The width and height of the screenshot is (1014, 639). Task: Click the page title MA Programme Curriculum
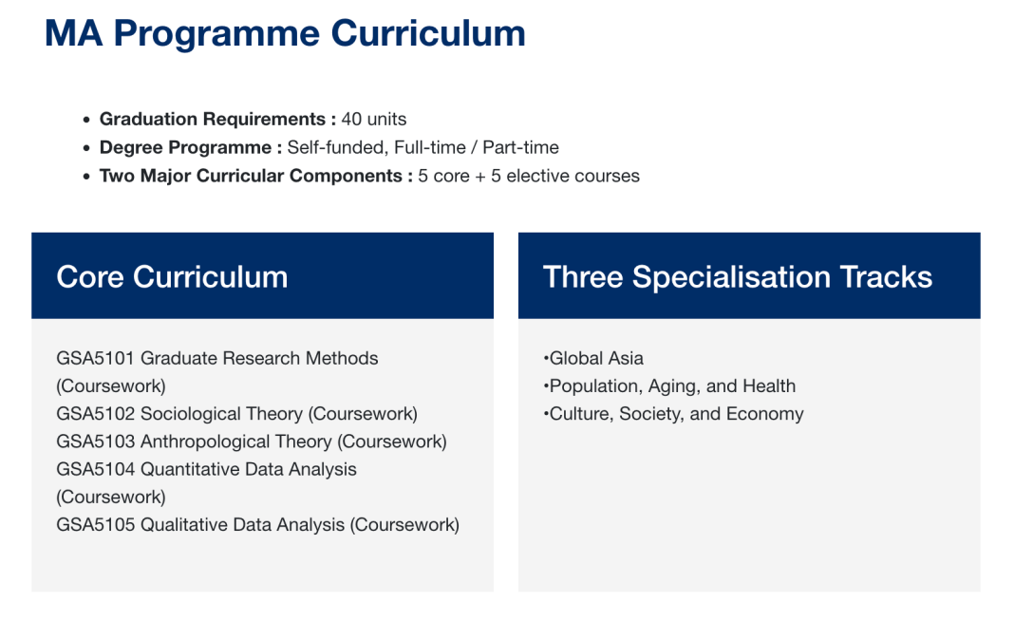point(285,33)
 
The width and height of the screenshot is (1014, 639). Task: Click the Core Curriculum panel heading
point(172,277)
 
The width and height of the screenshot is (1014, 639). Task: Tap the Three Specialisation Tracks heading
point(737,277)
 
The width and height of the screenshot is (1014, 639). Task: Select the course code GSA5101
point(95,358)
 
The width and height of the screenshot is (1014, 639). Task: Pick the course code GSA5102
point(95,414)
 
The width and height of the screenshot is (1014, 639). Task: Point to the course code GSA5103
point(95,442)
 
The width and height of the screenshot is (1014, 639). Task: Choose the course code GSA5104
point(95,470)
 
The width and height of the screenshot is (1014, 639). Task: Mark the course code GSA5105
point(95,524)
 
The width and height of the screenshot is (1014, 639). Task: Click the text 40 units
point(374,119)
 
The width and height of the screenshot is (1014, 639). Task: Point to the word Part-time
point(520,147)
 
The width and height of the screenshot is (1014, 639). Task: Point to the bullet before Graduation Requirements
point(86,121)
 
